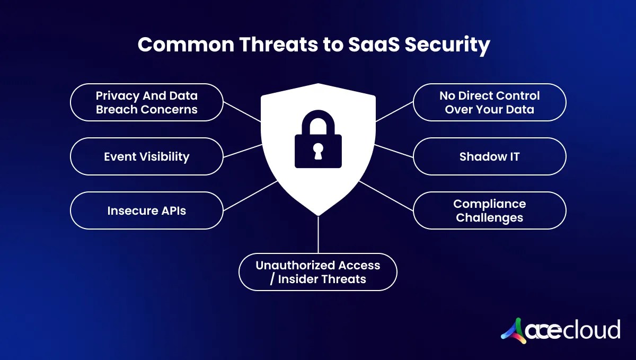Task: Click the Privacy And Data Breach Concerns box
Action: pyautogui.click(x=146, y=102)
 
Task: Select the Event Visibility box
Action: pyautogui.click(x=146, y=156)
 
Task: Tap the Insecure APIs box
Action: pyautogui.click(x=146, y=210)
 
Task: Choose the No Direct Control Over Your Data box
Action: pyautogui.click(x=489, y=102)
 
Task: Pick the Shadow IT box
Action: pyautogui.click(x=489, y=156)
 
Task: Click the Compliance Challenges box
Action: pyautogui.click(x=489, y=210)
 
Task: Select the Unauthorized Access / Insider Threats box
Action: pyautogui.click(x=318, y=272)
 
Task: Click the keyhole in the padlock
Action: pyautogui.click(x=318, y=152)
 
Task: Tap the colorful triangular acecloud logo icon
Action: pyautogui.click(x=514, y=329)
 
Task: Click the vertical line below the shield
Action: pyautogui.click(x=318, y=234)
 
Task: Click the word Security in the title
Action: pyautogui.click(x=448, y=45)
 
